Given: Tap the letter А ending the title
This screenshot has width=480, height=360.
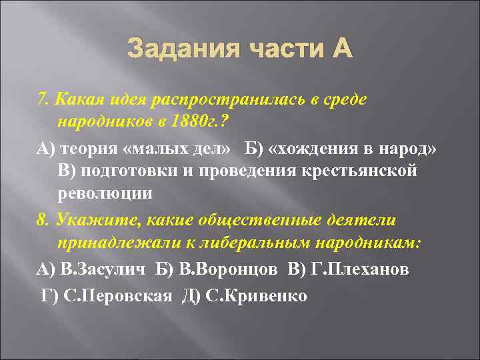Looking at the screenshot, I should (x=339, y=49).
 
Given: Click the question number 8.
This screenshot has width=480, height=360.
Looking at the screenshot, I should (x=42, y=219).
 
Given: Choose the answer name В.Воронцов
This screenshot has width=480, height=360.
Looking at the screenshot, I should (x=217, y=269).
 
